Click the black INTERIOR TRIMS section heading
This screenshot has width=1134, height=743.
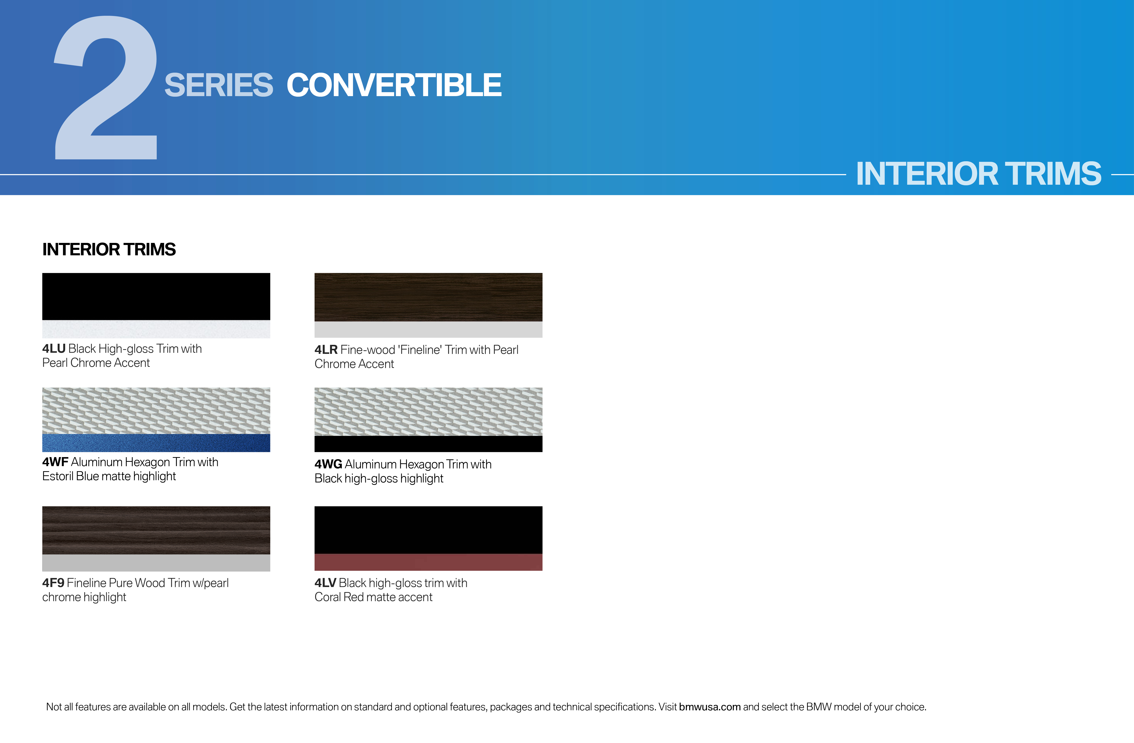tap(109, 249)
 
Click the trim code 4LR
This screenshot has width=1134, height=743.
tap(326, 350)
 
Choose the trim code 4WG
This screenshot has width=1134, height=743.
tap(328, 464)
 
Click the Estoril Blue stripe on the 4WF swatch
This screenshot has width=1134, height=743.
tap(156, 443)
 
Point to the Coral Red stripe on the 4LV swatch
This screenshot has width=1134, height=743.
tap(428, 562)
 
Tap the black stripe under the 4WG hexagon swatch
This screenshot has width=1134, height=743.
tap(428, 444)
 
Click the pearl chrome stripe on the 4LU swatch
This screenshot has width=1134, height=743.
tap(156, 329)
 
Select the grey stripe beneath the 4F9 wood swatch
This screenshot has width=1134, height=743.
tap(156, 563)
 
